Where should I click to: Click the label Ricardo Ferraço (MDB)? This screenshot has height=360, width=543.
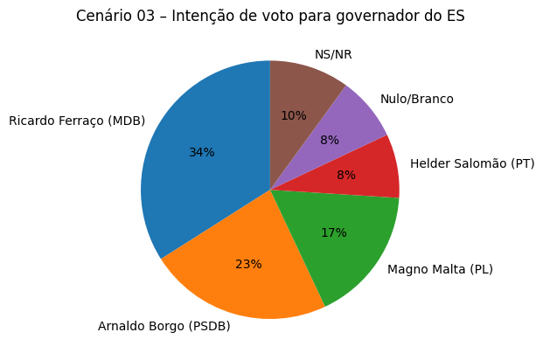77,121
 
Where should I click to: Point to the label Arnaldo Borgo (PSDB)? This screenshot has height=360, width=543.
164,327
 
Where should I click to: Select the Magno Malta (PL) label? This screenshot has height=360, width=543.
440,269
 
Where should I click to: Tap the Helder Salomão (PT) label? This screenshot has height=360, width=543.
472,163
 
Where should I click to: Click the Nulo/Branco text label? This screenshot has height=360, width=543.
417,99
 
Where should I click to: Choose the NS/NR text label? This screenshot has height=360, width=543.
333,54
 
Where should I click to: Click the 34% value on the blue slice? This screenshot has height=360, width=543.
202,152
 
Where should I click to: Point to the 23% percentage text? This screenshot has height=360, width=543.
248,264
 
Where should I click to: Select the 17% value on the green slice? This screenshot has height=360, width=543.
333,232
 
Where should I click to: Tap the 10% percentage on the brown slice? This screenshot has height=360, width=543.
294,115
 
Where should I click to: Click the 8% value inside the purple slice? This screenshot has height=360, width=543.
330,140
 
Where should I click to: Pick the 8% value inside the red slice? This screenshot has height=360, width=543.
346,175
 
